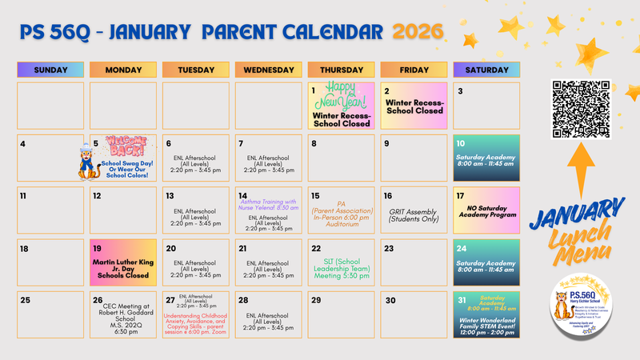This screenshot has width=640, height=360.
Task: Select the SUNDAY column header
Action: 51,70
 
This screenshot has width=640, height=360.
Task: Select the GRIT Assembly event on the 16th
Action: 414,217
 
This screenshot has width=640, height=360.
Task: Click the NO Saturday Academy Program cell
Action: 486,212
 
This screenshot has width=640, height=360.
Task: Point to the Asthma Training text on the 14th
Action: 269,205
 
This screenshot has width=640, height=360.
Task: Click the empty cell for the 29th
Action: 342,316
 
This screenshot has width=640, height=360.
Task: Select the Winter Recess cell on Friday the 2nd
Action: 414,106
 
